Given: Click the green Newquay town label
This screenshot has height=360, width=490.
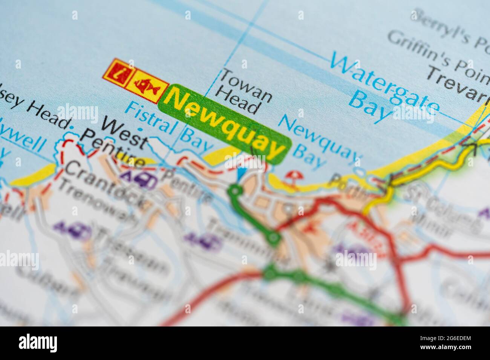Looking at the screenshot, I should (x=225, y=124).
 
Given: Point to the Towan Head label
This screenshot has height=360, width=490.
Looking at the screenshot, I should (x=245, y=90).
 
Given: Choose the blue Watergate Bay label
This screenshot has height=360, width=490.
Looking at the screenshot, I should (x=384, y=87).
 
